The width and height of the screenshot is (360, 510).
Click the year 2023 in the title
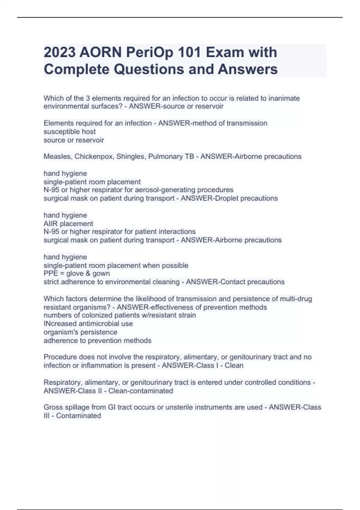59,52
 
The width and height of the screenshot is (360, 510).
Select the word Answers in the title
248,69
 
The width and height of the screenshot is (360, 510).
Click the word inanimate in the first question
284,98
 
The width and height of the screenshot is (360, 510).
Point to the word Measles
58,156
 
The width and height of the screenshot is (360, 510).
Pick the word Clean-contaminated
141,391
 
